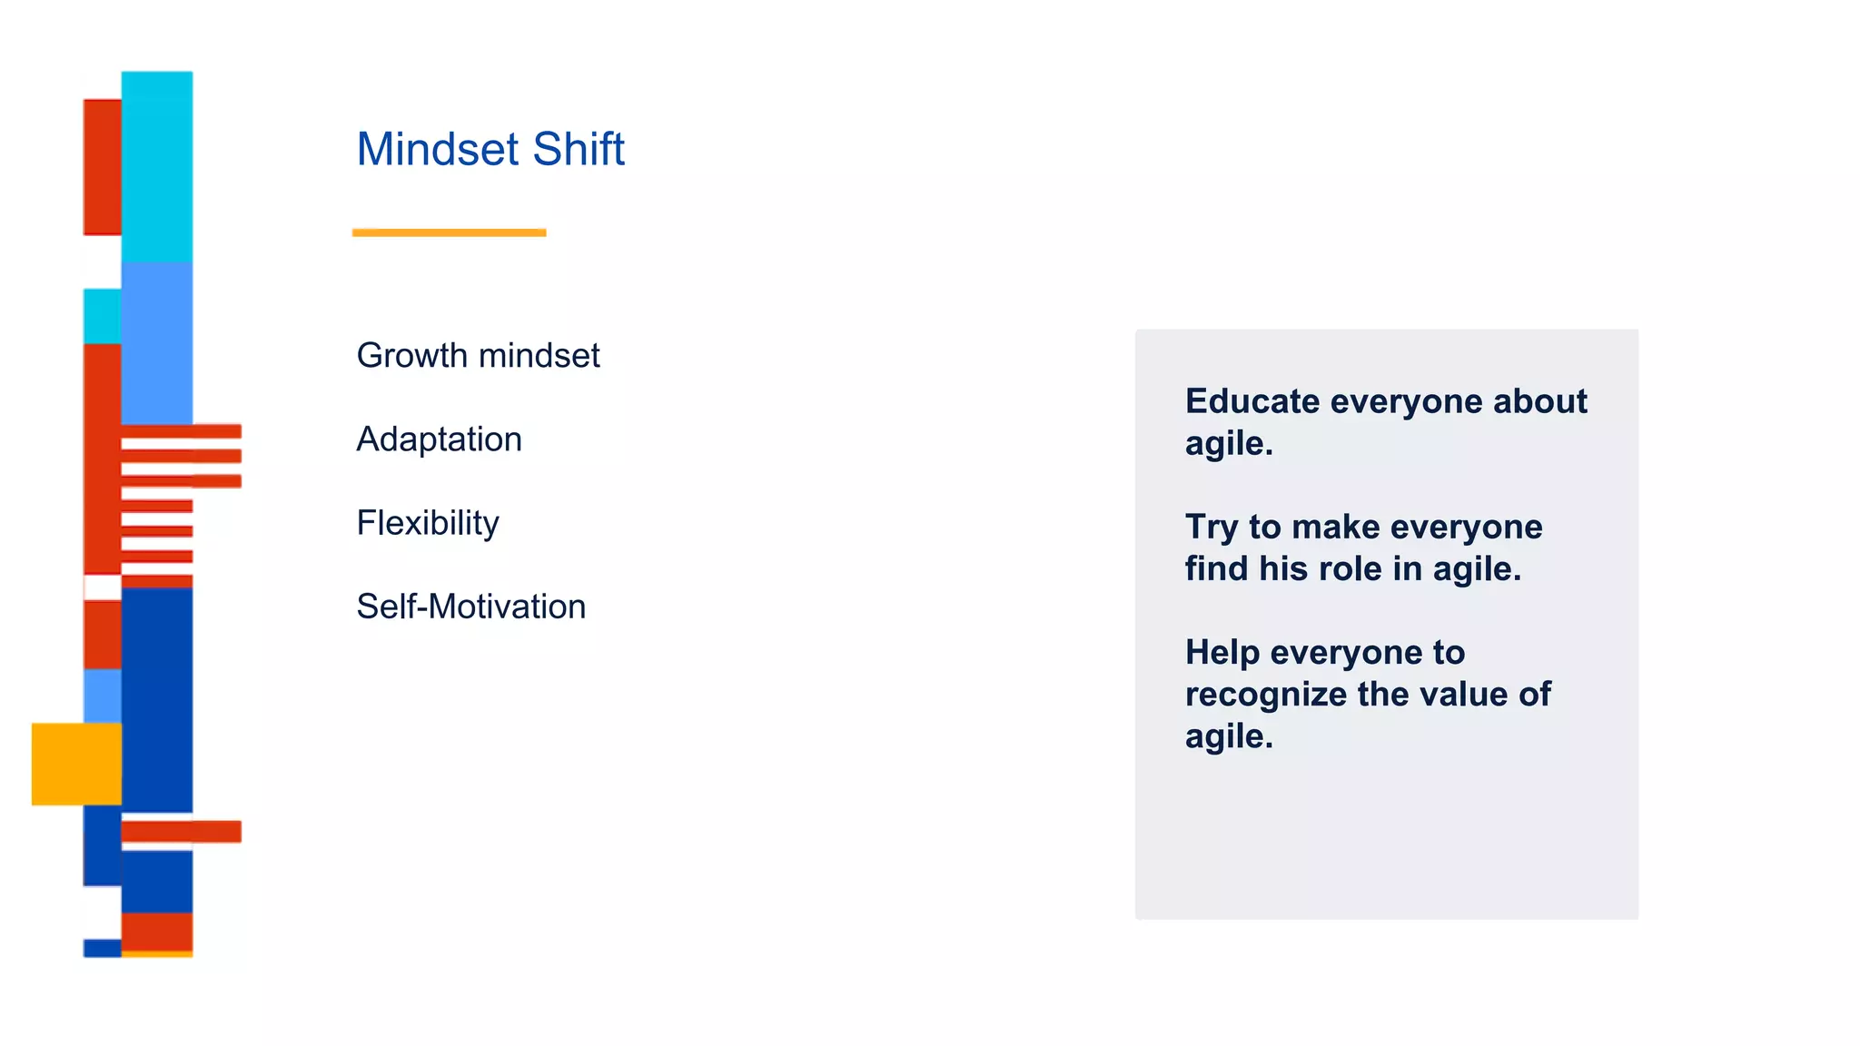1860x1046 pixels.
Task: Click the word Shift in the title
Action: (x=579, y=149)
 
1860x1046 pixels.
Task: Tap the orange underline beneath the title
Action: (x=449, y=232)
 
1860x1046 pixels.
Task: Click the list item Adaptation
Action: (x=439, y=439)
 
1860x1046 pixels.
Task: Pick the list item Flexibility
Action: (x=427, y=524)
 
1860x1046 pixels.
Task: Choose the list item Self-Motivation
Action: (x=470, y=607)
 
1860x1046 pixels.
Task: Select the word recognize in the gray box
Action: (x=1265, y=695)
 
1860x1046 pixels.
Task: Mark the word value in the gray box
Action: (x=1463, y=695)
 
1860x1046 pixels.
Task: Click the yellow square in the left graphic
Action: (x=76, y=764)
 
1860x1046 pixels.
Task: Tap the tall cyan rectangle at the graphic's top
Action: (x=156, y=166)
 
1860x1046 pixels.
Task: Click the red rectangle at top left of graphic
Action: (x=102, y=167)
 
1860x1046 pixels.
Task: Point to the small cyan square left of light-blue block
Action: (x=102, y=316)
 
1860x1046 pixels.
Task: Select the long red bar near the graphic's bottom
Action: (x=181, y=831)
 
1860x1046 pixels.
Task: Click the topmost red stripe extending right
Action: (x=181, y=431)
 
